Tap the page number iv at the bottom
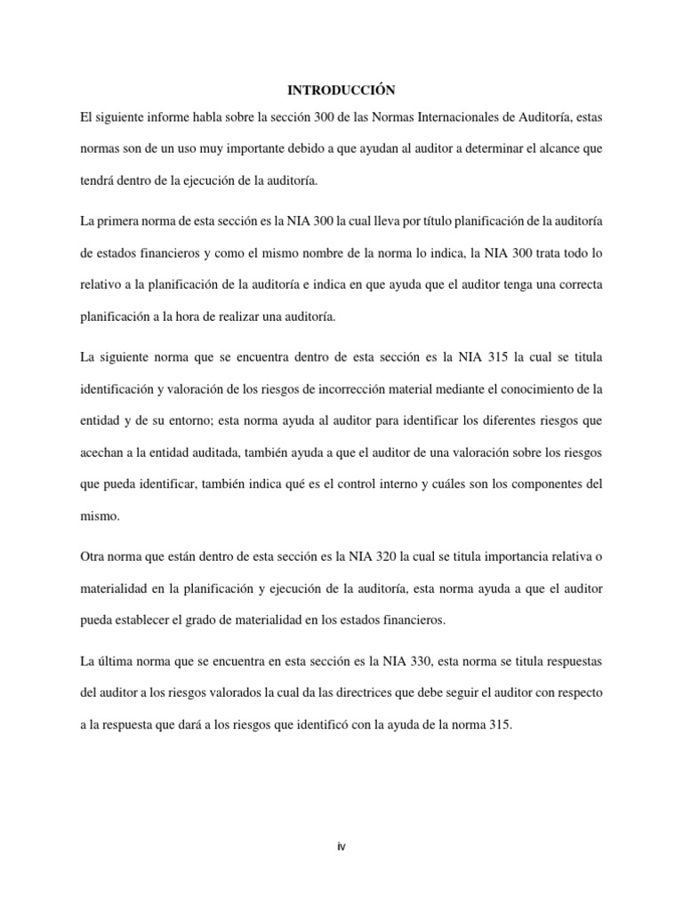tap(341, 847)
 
